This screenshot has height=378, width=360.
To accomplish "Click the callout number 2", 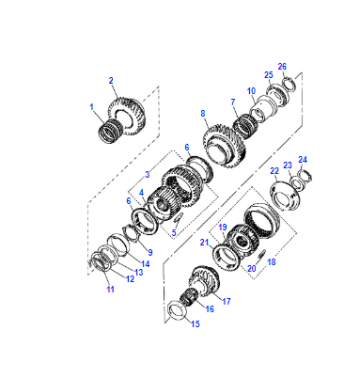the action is (111, 81).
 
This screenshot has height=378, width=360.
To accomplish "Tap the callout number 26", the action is (282, 67).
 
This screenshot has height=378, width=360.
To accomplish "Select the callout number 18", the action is (272, 262).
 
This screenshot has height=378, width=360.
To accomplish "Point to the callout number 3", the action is (148, 174).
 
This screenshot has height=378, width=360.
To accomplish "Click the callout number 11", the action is (110, 289).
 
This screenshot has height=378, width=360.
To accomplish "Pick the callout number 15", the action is (195, 324).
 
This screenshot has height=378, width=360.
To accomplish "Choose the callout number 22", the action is (274, 171).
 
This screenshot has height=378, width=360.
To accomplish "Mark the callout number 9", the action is (150, 252).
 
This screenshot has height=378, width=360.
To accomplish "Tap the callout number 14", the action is (145, 264).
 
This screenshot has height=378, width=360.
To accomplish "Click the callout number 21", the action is (204, 243).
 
